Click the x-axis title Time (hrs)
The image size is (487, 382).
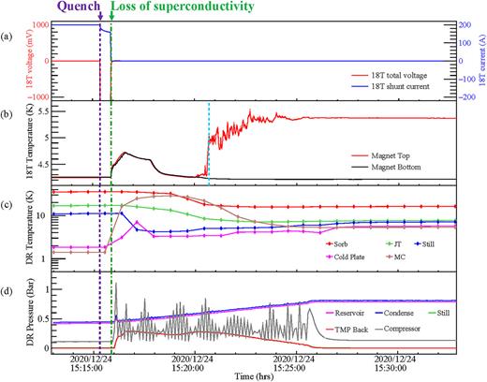coord(255,375)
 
